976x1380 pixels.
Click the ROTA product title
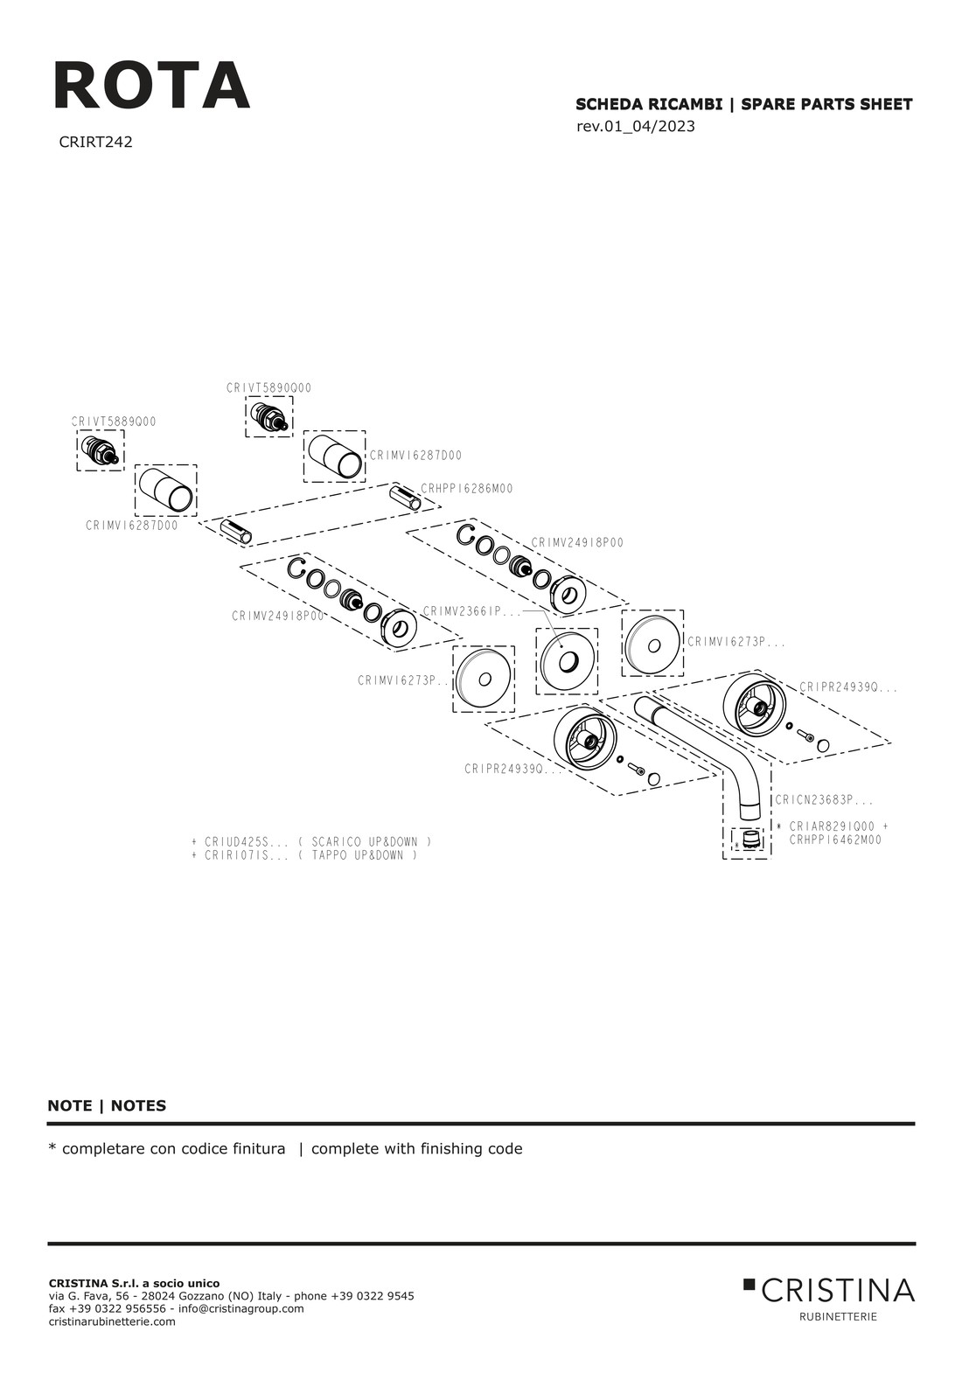point(151,86)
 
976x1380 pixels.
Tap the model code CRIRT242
point(95,142)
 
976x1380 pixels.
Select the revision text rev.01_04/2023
point(636,126)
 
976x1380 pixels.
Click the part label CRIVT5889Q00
point(115,422)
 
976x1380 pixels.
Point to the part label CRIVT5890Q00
point(268,388)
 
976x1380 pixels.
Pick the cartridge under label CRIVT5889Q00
point(100,451)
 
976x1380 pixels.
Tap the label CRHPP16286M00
point(467,489)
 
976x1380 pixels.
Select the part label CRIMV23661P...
point(471,611)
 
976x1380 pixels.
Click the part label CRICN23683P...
point(824,800)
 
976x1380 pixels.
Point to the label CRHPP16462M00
point(835,840)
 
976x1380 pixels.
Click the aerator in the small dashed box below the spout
point(748,841)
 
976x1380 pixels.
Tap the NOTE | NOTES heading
point(107,1105)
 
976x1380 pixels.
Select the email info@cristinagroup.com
point(241,1308)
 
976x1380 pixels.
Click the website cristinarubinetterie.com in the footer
point(112,1321)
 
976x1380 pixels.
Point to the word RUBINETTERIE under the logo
point(838,1316)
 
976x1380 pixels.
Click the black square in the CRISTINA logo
point(749,1284)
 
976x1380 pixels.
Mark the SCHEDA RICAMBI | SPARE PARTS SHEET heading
point(743,105)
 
